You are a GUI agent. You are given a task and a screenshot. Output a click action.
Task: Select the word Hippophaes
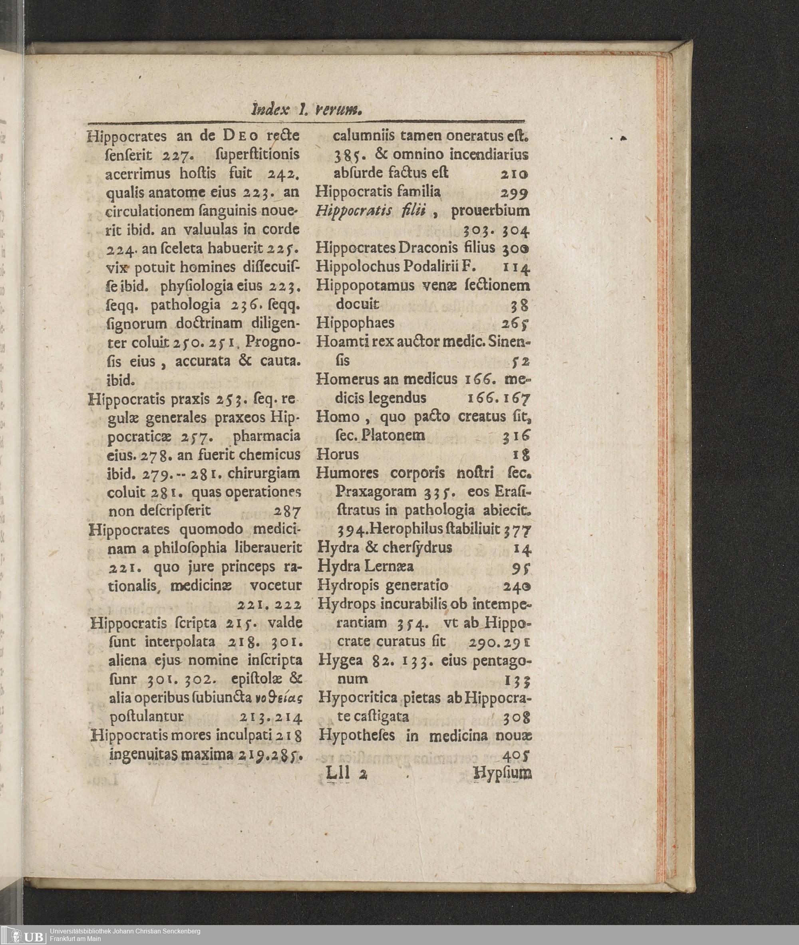pyautogui.click(x=355, y=323)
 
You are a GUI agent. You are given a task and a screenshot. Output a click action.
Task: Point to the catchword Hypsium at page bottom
pyautogui.click(x=502, y=773)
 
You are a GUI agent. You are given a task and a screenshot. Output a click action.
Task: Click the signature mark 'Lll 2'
pyautogui.click(x=346, y=773)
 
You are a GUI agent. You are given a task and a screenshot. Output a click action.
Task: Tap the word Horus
pyautogui.click(x=338, y=454)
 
